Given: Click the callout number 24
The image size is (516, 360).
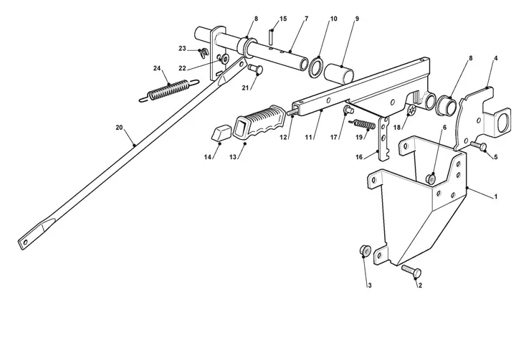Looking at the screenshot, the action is [x=157, y=68].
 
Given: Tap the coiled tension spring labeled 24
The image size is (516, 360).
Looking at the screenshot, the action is [x=169, y=89].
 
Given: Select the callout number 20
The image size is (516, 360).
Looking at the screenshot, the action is [x=119, y=128].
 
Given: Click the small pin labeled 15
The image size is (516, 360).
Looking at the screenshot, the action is [x=271, y=37].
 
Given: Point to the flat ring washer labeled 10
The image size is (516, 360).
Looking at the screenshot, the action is [x=315, y=67].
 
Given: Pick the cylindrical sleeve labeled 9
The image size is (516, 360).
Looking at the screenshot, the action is [x=338, y=74].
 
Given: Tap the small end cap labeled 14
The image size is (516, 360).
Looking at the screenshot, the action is [x=220, y=132].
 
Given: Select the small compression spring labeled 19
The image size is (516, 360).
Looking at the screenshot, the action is [x=365, y=125].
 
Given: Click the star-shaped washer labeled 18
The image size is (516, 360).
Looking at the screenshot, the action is [x=411, y=110].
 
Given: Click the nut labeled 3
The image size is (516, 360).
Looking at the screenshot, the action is [x=365, y=250].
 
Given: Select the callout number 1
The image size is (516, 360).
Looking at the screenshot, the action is [x=496, y=197].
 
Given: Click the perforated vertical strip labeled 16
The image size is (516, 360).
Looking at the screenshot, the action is [x=383, y=138].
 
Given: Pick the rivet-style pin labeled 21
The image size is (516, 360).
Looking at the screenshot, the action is [x=255, y=70].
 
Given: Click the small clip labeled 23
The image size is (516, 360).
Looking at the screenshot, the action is [x=204, y=52].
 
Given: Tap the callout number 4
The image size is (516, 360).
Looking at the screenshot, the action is [x=496, y=58].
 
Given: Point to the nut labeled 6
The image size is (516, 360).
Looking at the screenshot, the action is [x=431, y=179].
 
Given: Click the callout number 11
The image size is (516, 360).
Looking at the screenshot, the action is [x=308, y=138].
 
